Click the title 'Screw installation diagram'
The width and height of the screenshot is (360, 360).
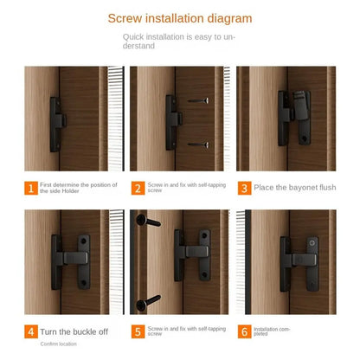[180, 17]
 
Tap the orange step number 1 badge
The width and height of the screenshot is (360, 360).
[31, 188]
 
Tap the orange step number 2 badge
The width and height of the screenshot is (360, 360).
[138, 188]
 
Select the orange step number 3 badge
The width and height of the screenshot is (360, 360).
[245, 188]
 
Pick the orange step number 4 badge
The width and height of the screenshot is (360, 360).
[31, 331]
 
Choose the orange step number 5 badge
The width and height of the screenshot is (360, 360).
[138, 331]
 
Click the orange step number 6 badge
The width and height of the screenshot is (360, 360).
[245, 331]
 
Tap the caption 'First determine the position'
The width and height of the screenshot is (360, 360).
[79, 188]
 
